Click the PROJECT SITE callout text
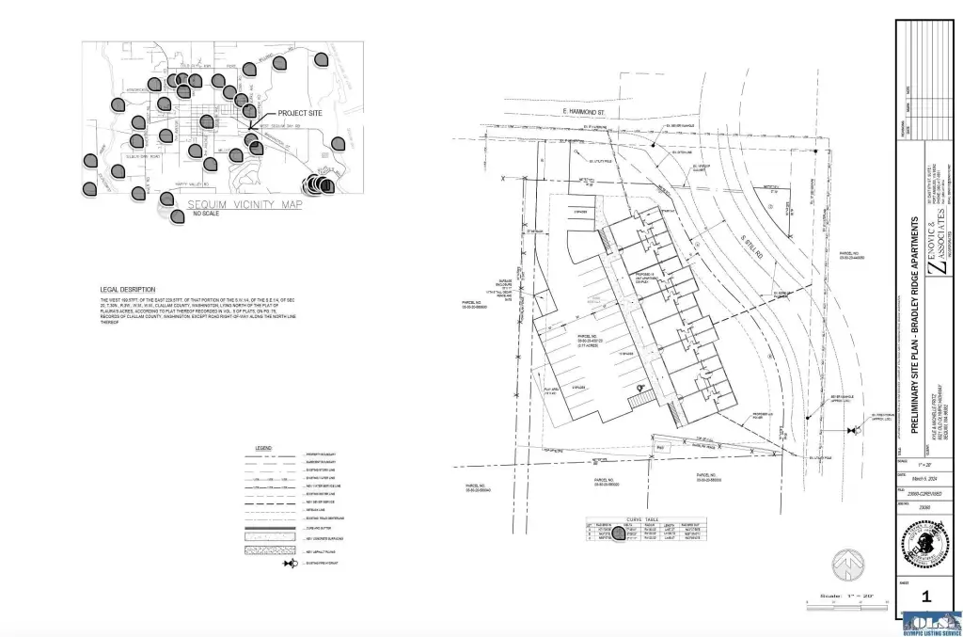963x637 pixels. (294, 113)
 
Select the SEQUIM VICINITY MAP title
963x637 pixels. (245, 204)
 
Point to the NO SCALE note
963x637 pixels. (206, 215)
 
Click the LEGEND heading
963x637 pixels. (264, 448)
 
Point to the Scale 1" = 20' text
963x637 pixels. (843, 596)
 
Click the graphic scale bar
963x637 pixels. (842, 603)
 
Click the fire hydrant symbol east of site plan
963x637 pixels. (852, 431)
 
